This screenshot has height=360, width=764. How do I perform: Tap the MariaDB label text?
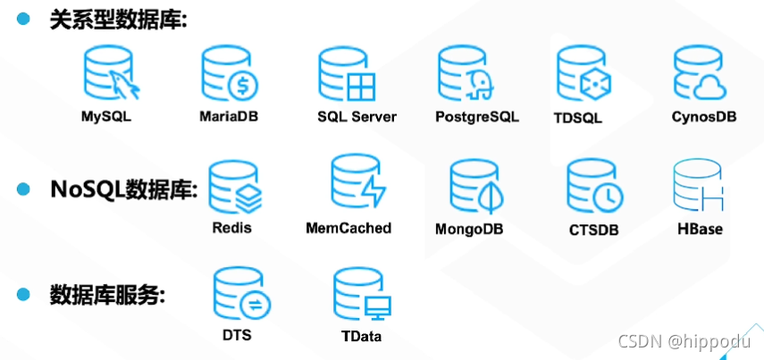click(x=229, y=116)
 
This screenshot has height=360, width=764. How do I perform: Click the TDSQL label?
click(x=577, y=117)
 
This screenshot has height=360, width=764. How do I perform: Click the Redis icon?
click(x=234, y=186)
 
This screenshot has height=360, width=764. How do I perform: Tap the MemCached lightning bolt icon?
click(x=357, y=183)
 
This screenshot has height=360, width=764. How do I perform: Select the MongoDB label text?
click(x=469, y=229)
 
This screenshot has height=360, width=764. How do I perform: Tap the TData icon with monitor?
click(x=361, y=295)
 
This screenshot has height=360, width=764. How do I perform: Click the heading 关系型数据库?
click(x=118, y=20)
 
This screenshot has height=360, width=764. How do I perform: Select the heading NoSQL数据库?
click(x=123, y=189)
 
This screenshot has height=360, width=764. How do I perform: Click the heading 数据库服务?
click(x=107, y=295)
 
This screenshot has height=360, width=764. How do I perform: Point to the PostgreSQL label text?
click(x=476, y=117)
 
